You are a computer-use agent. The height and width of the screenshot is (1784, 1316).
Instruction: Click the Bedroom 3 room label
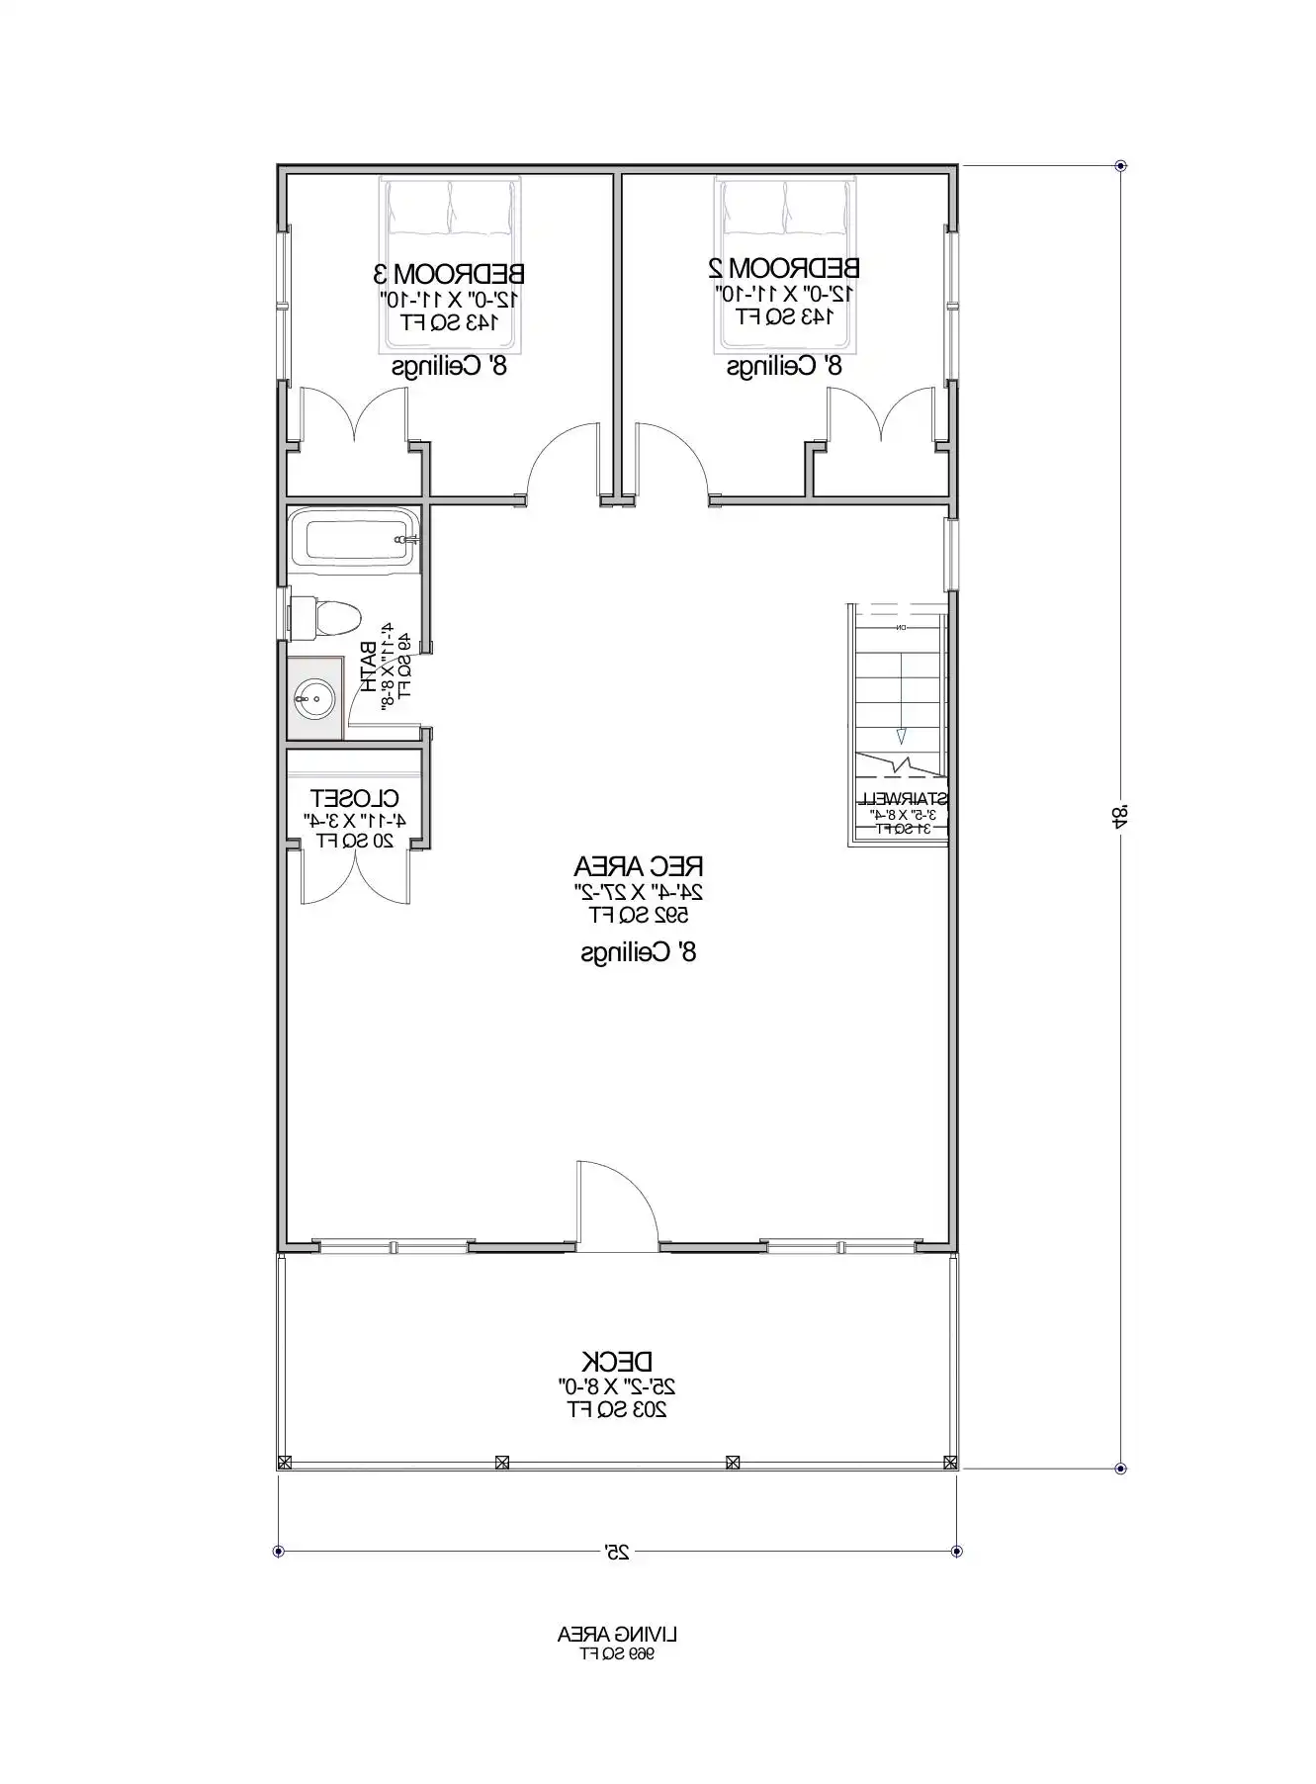(x=449, y=273)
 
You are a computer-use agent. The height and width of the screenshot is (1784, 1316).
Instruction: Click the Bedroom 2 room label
(x=784, y=268)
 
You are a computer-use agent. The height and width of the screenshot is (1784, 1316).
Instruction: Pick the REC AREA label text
(x=639, y=867)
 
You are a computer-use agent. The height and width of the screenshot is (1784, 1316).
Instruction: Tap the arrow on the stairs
(x=901, y=734)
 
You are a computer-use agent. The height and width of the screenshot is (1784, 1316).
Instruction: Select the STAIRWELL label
(x=901, y=798)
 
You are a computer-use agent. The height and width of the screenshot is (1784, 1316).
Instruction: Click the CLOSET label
(x=355, y=798)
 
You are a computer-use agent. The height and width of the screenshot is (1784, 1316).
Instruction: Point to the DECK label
(x=617, y=1362)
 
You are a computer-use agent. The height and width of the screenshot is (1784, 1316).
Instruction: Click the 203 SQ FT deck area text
(x=617, y=1409)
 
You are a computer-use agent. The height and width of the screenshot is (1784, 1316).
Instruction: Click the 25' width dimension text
(x=617, y=1553)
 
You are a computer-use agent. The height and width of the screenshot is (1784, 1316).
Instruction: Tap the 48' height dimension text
(x=1119, y=817)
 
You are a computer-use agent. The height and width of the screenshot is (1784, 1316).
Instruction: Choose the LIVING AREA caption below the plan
(x=617, y=1635)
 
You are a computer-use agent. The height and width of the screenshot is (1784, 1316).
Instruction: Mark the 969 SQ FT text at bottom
(x=617, y=1653)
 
